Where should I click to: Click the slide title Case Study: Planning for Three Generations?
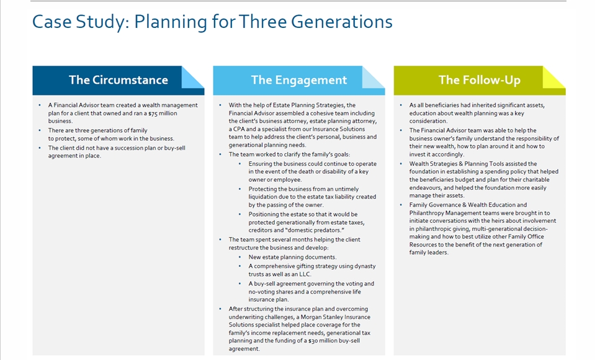coord(212,22)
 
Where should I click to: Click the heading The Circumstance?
coord(118,80)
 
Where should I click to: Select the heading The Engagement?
coord(298,80)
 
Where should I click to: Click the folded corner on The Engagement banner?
coord(373,78)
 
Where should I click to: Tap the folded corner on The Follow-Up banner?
coord(553,78)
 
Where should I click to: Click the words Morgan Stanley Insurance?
coord(333,317)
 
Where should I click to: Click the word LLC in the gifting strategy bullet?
coord(316,274)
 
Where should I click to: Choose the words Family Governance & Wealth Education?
coord(459,205)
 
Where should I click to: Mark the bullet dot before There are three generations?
coord(40,130)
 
